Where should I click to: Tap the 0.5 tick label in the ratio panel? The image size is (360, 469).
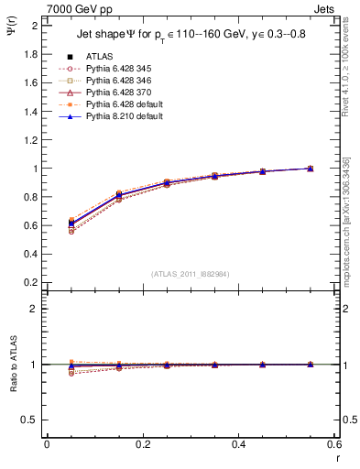[29, 420]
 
